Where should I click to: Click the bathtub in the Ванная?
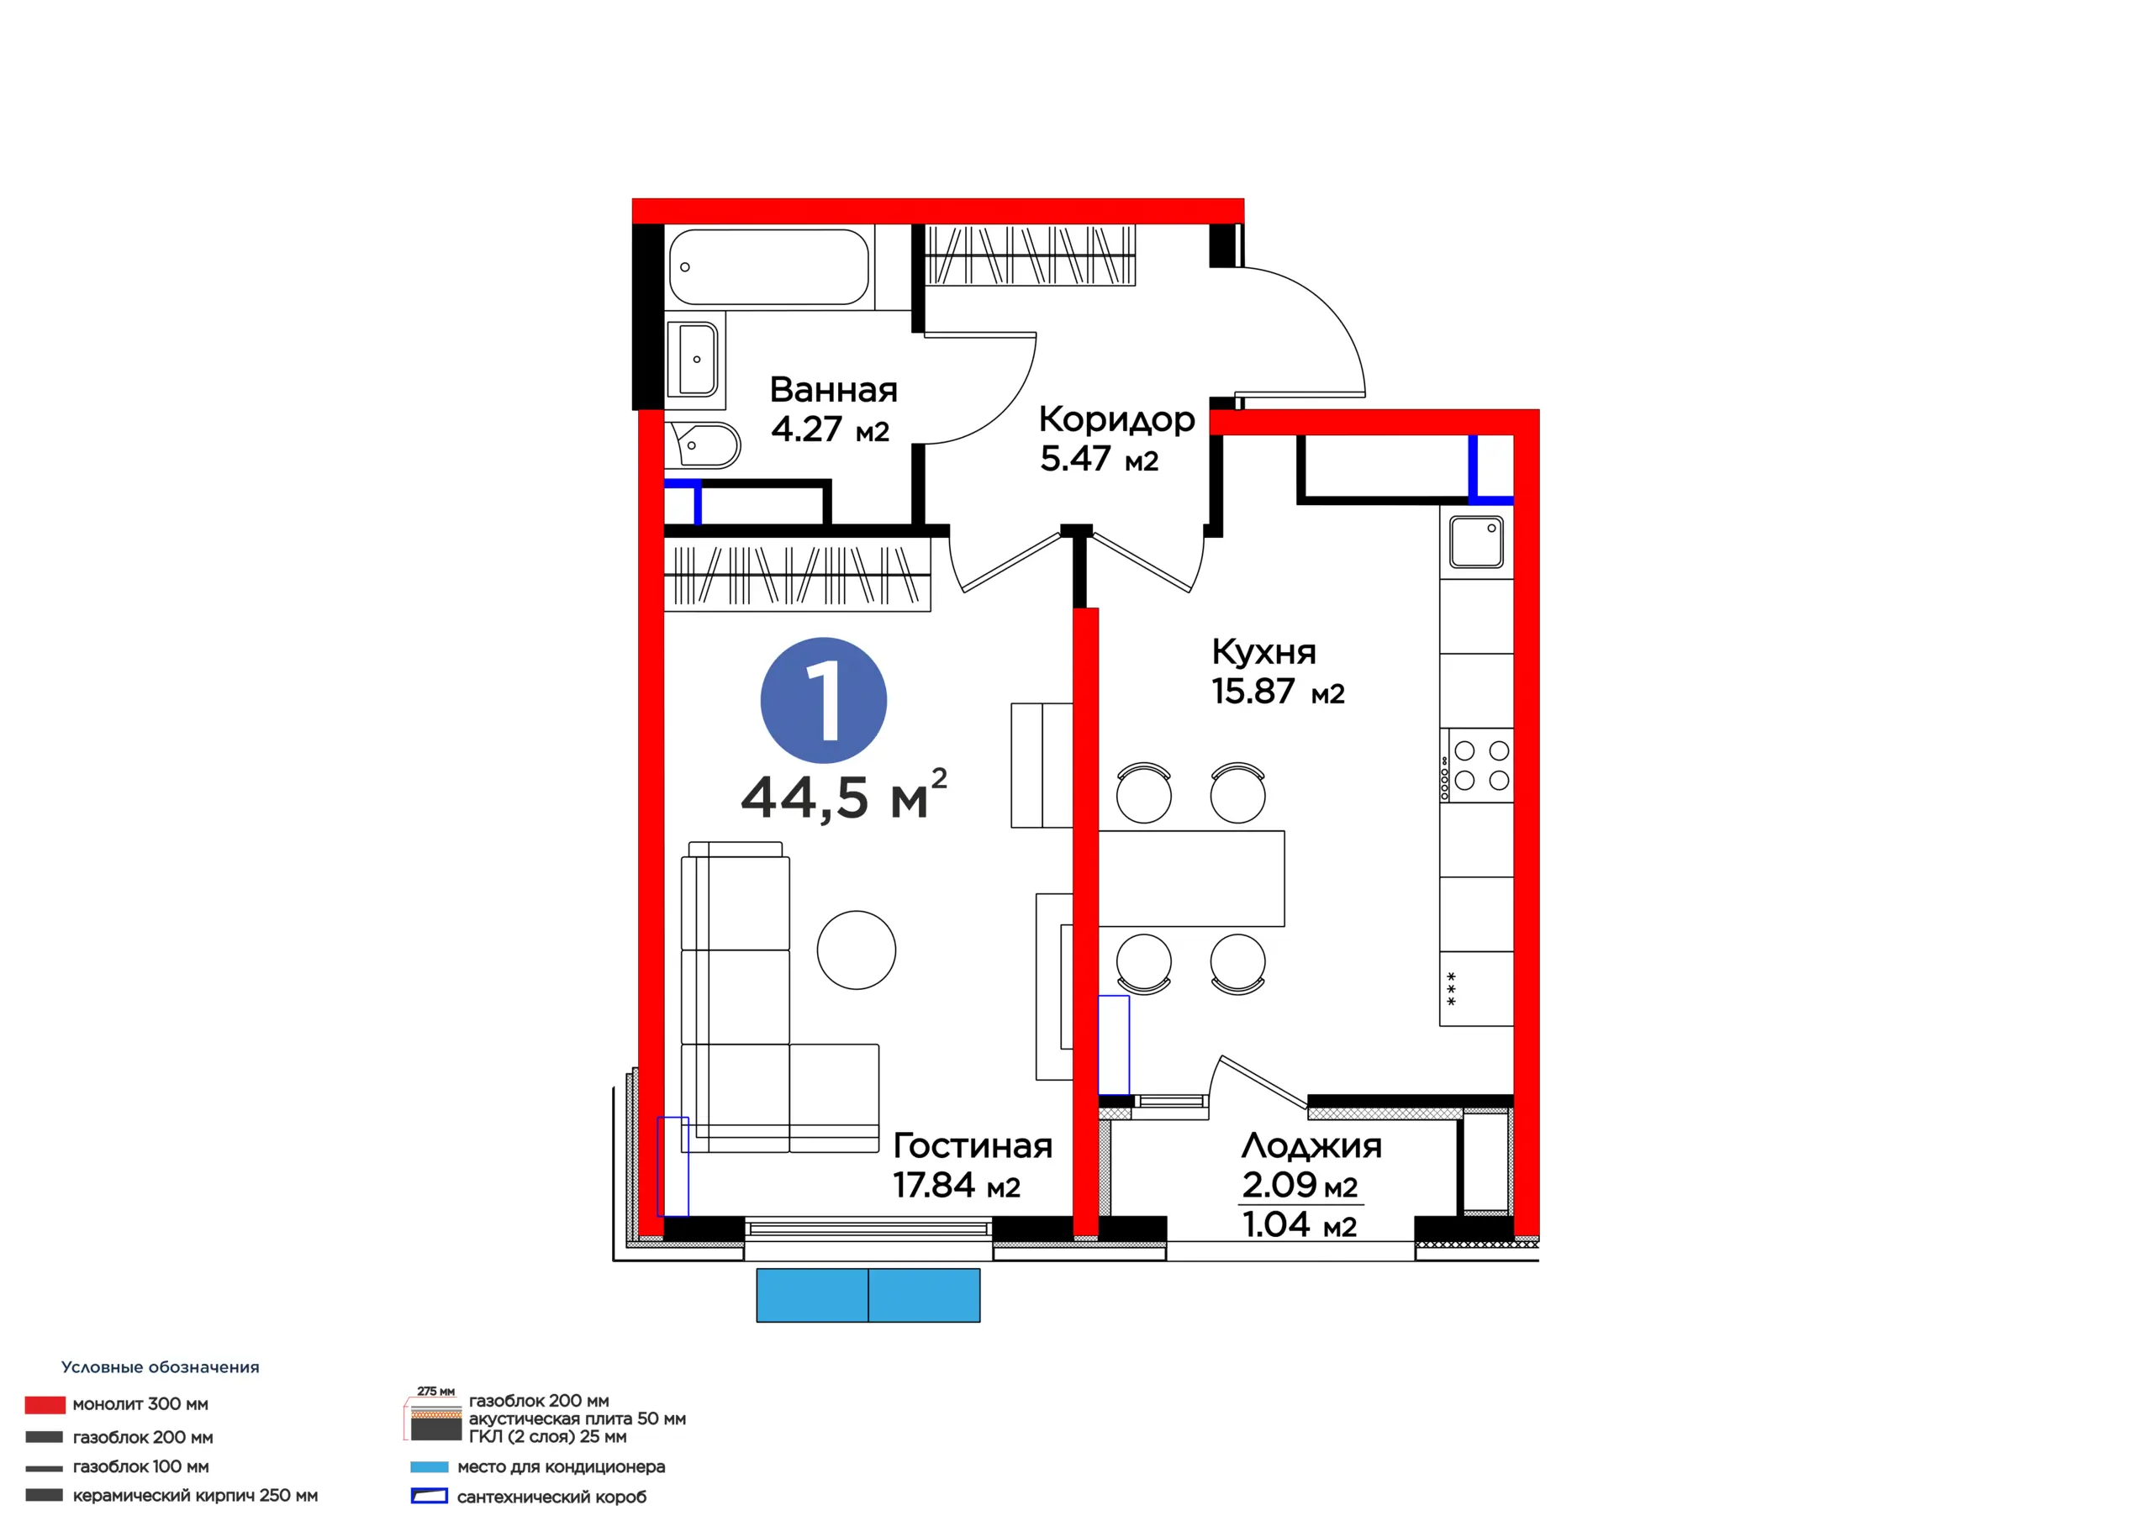[x=769, y=267]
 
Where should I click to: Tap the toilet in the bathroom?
[x=703, y=445]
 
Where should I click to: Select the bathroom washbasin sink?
[x=693, y=359]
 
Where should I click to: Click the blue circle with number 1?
[x=823, y=700]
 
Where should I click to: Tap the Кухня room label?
[x=1263, y=651]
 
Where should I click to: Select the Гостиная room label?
[x=972, y=1145]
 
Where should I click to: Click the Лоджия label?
[x=1311, y=1146]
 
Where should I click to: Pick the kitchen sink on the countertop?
[x=1476, y=542]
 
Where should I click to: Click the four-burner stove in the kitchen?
[x=1476, y=765]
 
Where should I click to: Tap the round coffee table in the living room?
[x=856, y=950]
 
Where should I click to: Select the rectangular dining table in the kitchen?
[x=1190, y=878]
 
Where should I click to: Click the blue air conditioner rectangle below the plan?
[x=868, y=1295]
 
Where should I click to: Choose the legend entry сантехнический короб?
[x=529, y=1497]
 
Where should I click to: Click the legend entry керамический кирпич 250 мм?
[x=171, y=1495]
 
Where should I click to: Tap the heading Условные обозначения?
[x=161, y=1367]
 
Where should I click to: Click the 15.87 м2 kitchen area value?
[x=1278, y=692]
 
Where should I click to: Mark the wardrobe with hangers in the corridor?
[x=1030, y=255]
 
